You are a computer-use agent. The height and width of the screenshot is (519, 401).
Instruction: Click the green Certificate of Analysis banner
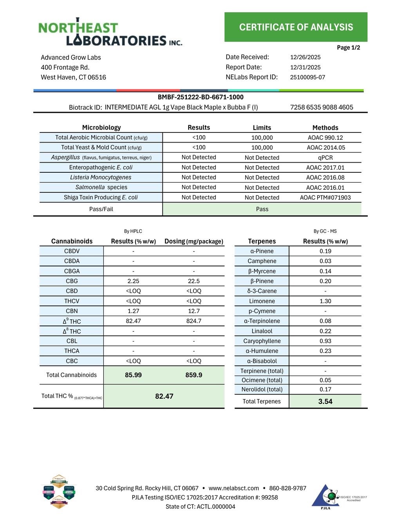[x=296, y=27]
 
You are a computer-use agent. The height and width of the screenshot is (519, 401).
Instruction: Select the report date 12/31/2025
[x=305, y=67]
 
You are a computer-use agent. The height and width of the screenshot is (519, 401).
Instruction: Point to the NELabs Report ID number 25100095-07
[x=307, y=77]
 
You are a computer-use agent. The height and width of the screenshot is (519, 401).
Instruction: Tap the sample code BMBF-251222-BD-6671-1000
[x=200, y=97]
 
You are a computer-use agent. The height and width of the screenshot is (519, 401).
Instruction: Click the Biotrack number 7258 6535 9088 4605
[x=322, y=107]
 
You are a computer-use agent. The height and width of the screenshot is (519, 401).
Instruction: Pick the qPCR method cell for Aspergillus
[x=325, y=157]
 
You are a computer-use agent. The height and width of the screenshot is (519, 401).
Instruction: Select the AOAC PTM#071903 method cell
[x=325, y=197]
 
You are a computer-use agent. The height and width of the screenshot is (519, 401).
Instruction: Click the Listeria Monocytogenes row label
[x=101, y=177]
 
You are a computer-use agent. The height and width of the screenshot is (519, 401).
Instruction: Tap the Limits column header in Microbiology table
[x=262, y=128]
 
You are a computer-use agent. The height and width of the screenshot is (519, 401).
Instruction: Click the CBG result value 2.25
[x=133, y=281]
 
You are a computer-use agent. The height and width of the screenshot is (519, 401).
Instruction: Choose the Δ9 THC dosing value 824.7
[x=194, y=321]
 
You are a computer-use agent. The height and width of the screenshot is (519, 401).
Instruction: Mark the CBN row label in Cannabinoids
[x=72, y=311]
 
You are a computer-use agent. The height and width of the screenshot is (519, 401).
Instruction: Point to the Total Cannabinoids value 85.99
[x=133, y=375]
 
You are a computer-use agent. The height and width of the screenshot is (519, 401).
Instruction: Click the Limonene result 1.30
[x=325, y=301]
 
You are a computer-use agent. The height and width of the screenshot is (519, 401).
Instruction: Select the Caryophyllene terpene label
[x=262, y=341]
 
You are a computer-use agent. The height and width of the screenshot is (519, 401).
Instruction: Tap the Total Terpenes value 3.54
[x=325, y=401]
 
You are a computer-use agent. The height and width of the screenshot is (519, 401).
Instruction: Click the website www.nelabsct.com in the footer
[x=234, y=488]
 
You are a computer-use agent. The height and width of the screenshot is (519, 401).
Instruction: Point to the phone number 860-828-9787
[x=288, y=488]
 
